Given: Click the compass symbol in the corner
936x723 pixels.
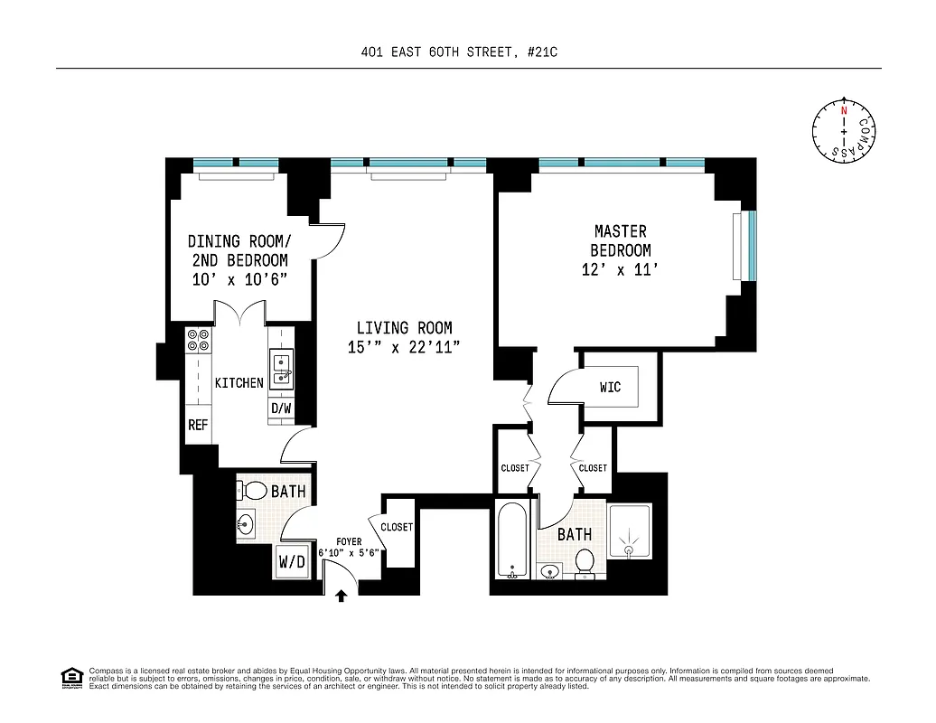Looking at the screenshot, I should coord(844,131).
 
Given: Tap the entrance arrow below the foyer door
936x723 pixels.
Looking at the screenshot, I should coord(342,596).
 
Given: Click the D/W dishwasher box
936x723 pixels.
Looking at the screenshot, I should coord(281,408).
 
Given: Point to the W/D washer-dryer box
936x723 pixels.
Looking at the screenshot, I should coord(292,562).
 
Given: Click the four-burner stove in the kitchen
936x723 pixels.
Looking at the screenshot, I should coord(198,339).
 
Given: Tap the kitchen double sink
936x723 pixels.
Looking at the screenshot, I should coord(282,370).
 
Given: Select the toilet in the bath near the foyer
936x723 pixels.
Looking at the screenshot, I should coord(256,492).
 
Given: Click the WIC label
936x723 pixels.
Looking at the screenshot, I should coord(610,388).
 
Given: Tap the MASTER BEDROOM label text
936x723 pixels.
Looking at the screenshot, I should coord(620,241).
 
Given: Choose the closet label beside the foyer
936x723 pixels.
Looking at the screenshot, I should coord(397,527).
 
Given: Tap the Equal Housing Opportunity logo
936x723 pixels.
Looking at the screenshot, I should coord(71,677).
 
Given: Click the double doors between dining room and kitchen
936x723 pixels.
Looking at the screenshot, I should coord(239,314).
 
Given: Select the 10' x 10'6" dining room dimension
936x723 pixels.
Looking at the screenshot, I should coord(239,279).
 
